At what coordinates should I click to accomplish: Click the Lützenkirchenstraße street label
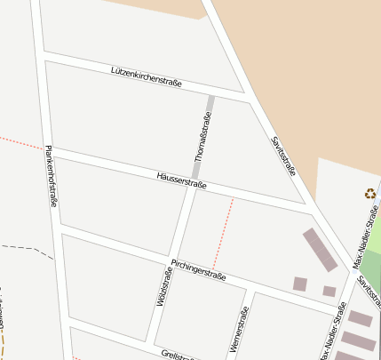147,76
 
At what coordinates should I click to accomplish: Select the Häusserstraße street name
181,180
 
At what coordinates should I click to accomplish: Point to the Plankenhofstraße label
52,176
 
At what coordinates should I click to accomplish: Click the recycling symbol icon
369,193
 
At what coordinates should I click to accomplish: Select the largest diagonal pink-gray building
320,249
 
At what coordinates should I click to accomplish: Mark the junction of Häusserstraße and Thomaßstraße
194,184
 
